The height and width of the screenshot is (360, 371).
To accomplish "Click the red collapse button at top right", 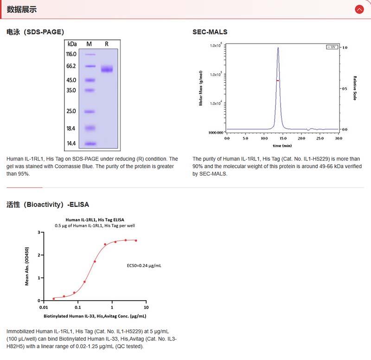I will [x=359, y=9].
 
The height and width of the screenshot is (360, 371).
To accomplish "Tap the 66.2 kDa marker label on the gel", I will [x=71, y=66].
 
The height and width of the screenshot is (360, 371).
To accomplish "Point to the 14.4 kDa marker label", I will [x=71, y=143].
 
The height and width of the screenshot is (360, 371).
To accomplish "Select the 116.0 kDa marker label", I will [x=71, y=54].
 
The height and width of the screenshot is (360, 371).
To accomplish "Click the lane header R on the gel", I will [x=107, y=44].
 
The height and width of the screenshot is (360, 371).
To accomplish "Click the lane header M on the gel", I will [x=90, y=44].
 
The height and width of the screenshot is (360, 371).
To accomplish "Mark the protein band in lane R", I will [x=107, y=69].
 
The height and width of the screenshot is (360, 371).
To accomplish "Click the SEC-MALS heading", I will [x=210, y=32].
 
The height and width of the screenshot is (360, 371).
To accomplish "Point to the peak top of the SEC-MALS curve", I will [x=278, y=47].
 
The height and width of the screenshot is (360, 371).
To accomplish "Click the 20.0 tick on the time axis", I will [x=301, y=138].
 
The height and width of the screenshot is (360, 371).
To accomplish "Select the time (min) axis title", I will [x=282, y=145].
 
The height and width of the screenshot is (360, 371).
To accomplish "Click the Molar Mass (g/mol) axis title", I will [x=201, y=88].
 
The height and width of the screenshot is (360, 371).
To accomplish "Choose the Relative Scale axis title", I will [x=355, y=88].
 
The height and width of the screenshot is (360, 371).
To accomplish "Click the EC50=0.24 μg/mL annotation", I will [x=144, y=266].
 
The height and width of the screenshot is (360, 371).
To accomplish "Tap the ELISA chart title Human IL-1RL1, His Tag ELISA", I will [x=95, y=219].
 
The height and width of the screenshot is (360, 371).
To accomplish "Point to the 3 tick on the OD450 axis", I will [x=39, y=232].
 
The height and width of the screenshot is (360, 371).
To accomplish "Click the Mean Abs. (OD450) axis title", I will [x=27, y=266].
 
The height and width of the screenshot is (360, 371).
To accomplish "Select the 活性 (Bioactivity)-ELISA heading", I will [x=48, y=204].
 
